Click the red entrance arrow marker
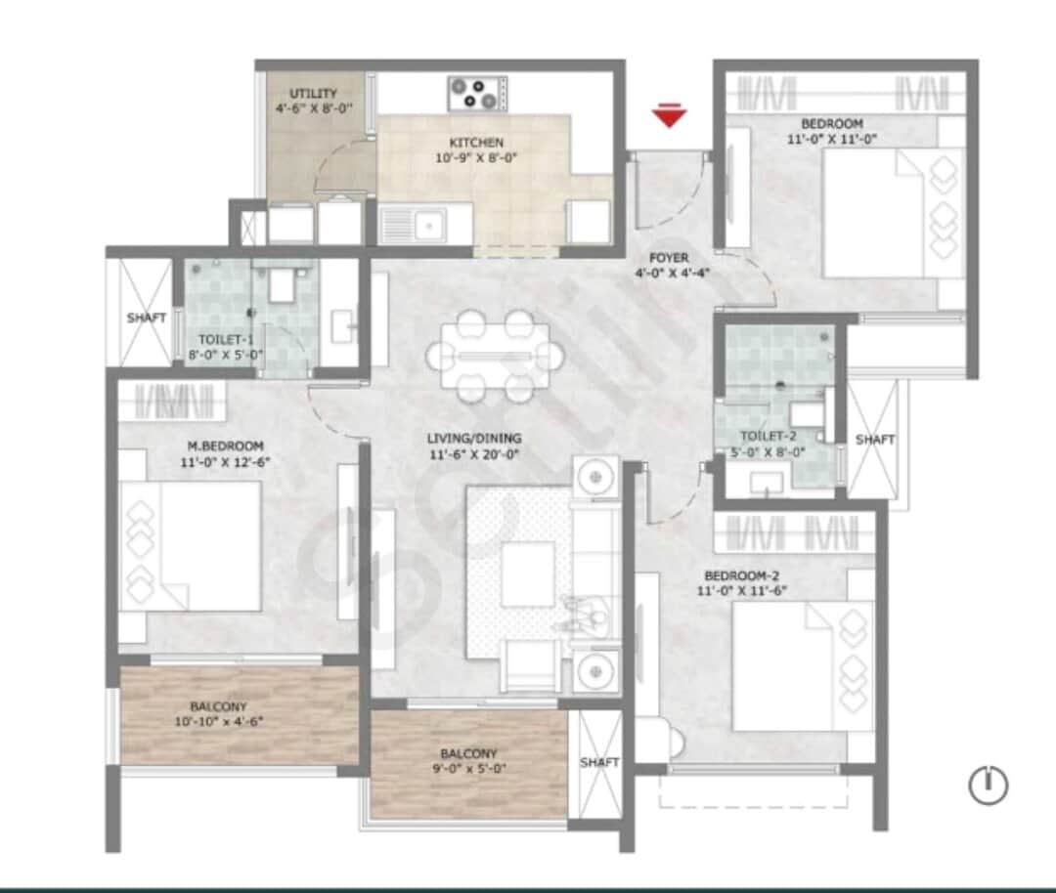pyautogui.click(x=669, y=117)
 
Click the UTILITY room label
pyautogui.click(x=313, y=94)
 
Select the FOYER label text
pyautogui.click(x=669, y=258)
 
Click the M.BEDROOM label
pyautogui.click(x=227, y=446)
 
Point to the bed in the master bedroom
pyautogui.click(x=192, y=547)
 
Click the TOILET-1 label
pyautogui.click(x=226, y=340)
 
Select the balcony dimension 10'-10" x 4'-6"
pyautogui.click(x=221, y=722)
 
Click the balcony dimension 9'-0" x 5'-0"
pyautogui.click(x=469, y=769)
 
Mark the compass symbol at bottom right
pyautogui.click(x=988, y=784)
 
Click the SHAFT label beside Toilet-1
pyautogui.click(x=146, y=318)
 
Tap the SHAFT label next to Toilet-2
pyautogui.click(x=874, y=440)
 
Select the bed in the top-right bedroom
pyautogui.click(x=890, y=212)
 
